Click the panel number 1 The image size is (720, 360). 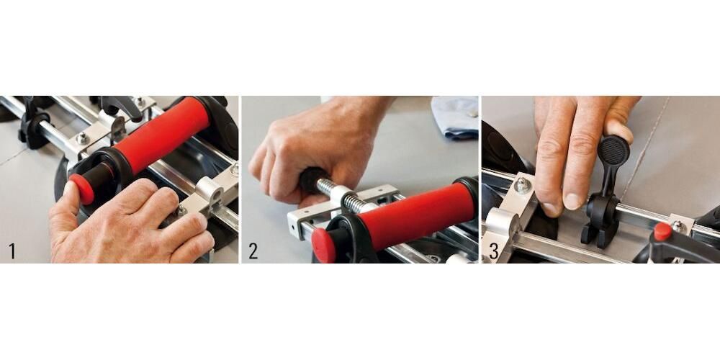(12, 251)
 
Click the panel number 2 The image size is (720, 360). (253, 251)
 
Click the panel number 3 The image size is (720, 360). (494, 251)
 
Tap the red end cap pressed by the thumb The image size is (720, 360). (82, 189)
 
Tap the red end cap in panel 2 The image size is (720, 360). (323, 246)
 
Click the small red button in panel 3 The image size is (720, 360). (662, 231)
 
